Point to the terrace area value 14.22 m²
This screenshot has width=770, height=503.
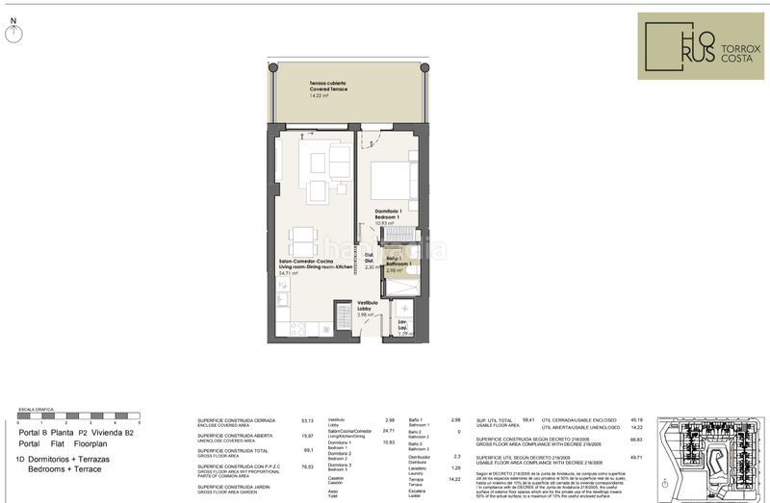click(315, 96)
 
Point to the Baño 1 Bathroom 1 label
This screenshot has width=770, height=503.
click(399, 261)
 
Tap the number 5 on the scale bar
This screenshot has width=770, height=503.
click(141, 423)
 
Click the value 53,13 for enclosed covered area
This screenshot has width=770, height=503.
click(308, 419)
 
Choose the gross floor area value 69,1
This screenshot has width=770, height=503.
click(308, 449)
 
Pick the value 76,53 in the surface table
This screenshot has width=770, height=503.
click(308, 465)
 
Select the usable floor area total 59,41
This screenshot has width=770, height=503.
click(527, 419)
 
